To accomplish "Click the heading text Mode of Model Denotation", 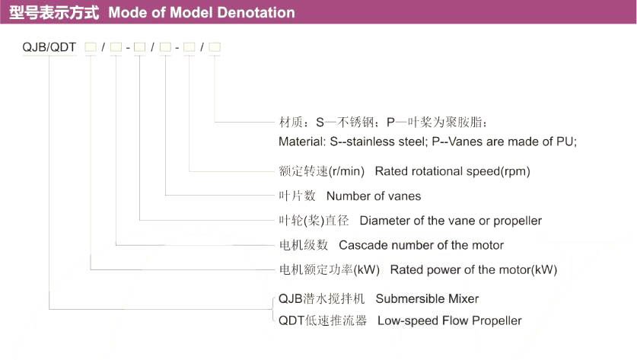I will point(201,13).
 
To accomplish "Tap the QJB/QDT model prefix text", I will point(50,48).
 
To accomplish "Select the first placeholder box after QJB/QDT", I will point(91,48).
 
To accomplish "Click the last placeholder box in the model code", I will point(215,48).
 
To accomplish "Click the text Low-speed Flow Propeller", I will point(449,320).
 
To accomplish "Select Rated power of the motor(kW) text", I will point(473,269).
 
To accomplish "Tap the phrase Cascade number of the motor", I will point(421,245).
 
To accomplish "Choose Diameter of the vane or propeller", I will point(451,221).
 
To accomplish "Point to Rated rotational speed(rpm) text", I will point(452,170).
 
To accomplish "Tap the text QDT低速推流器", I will point(323,320).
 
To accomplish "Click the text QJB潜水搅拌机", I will point(322,298).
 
